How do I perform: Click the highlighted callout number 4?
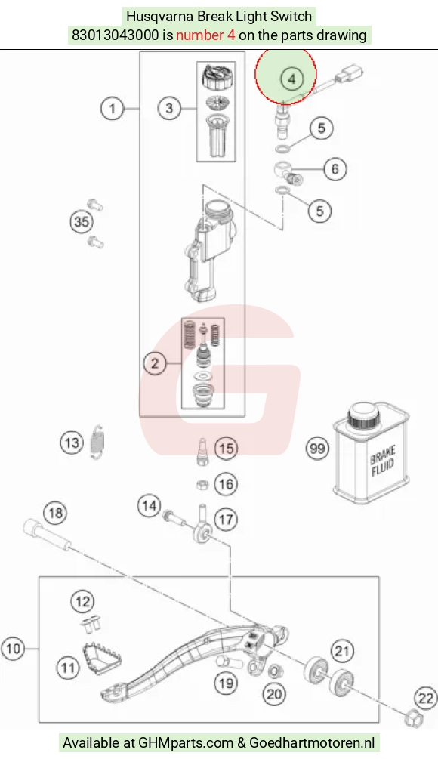[291, 79]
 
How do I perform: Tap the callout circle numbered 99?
[317, 449]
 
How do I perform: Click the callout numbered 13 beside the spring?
[72, 443]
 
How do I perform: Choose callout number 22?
[426, 698]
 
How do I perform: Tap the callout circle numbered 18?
[55, 513]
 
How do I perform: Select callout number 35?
[82, 222]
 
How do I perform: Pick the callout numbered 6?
[335, 169]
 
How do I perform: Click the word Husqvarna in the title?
[159, 17]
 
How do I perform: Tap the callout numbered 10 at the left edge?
[13, 648]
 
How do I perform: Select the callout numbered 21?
[341, 651]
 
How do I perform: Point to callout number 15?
[226, 449]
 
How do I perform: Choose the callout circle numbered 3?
[169, 108]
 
